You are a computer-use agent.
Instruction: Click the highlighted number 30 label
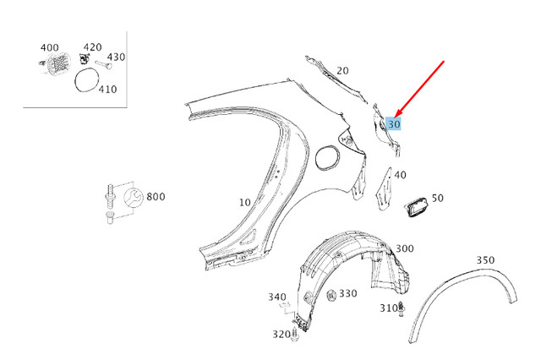click(x=393, y=123)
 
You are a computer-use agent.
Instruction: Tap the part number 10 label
click(x=244, y=203)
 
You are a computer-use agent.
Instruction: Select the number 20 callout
click(x=342, y=71)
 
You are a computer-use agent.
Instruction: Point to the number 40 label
click(x=400, y=175)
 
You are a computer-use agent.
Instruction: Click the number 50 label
click(x=437, y=198)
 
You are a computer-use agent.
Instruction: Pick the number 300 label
click(x=404, y=248)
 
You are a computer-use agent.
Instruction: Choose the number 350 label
click(x=485, y=259)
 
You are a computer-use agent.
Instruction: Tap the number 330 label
click(x=348, y=293)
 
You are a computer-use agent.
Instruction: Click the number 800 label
click(x=156, y=197)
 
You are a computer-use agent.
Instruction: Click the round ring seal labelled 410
click(x=85, y=81)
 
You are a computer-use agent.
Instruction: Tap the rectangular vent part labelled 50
click(x=417, y=208)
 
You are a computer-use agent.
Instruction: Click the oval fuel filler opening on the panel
click(x=326, y=155)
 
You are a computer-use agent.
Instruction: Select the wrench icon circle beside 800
click(x=133, y=201)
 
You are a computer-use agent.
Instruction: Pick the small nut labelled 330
click(x=331, y=295)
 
